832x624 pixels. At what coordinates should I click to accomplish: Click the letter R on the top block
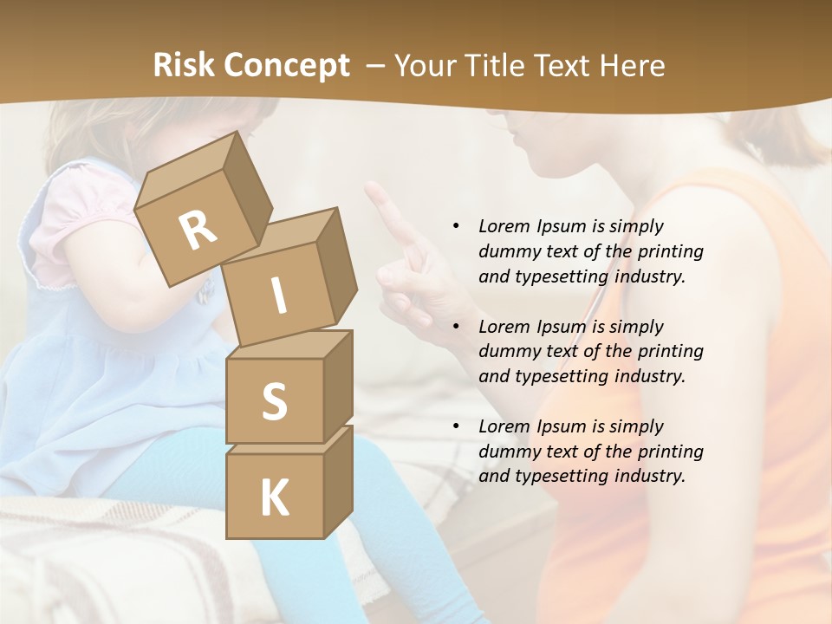point(198,230)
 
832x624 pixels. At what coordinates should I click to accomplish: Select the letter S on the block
point(274,401)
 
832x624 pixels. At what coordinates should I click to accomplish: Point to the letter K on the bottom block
point(274,498)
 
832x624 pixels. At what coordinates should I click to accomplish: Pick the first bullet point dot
point(456,226)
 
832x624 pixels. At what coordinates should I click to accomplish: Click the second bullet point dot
point(456,327)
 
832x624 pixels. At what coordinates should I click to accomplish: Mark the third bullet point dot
point(456,426)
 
